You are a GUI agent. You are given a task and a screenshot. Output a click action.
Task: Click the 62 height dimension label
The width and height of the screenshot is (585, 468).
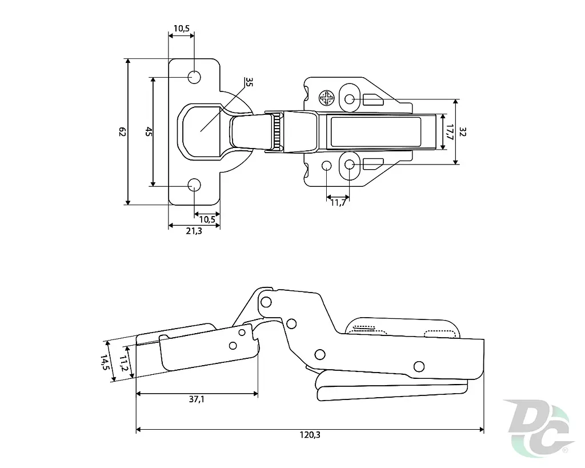coord(122,132)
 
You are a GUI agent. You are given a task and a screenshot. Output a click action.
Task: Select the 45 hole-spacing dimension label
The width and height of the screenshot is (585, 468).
coord(149,132)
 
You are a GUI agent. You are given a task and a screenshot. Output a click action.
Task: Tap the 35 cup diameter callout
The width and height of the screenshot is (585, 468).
coord(249,82)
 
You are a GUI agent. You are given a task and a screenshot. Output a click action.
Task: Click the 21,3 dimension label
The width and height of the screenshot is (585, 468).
coord(194,231)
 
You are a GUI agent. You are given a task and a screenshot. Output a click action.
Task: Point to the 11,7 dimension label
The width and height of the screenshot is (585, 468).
coord(338,203)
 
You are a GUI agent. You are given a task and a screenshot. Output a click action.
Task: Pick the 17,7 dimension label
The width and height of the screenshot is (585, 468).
coord(450,132)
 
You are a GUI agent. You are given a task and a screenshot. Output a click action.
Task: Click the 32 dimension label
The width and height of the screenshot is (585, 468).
coord(463,132)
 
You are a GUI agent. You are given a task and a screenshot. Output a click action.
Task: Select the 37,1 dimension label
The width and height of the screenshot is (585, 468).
coord(197,399)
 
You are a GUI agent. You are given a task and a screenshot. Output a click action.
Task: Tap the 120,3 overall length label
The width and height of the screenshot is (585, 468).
coord(310,435)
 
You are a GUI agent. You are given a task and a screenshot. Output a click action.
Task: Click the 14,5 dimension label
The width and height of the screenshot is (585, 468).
coord(105,362)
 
